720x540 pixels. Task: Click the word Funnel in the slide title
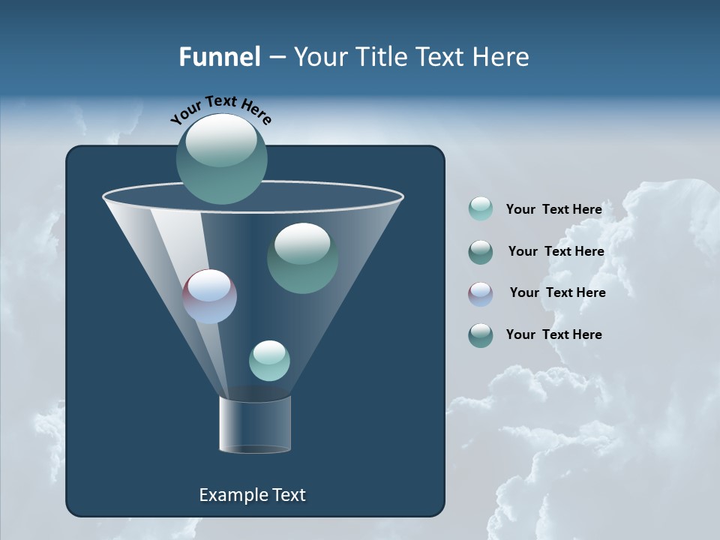click(219, 57)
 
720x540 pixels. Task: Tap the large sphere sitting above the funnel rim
click(222, 158)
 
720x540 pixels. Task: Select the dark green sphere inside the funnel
click(302, 258)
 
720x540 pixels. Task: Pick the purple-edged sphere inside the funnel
click(210, 296)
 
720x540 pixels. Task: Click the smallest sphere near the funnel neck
click(269, 361)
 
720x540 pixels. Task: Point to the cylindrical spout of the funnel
click(255, 425)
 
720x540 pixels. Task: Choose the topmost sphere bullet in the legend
click(481, 208)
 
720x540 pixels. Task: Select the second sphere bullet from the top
click(481, 252)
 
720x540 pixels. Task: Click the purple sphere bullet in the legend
click(481, 294)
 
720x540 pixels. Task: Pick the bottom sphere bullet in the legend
click(481, 335)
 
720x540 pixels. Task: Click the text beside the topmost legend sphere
click(553, 209)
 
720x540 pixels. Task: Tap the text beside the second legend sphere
click(556, 251)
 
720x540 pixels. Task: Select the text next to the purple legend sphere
click(557, 292)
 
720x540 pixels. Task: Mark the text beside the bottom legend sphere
click(553, 334)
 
